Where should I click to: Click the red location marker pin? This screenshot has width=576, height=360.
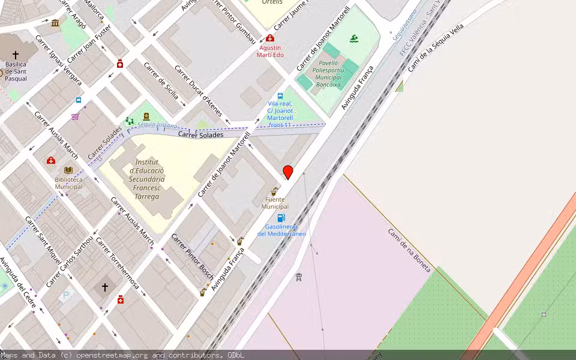288,172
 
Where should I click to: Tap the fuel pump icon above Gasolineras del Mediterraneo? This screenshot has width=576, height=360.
281,218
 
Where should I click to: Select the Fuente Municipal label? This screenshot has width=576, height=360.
275,203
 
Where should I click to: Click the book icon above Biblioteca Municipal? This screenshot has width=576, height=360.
68,170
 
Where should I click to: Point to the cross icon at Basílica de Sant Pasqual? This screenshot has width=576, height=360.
16,55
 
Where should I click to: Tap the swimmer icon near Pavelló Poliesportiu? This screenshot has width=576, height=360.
355,40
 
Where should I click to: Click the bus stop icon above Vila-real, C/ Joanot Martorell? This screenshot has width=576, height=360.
280,96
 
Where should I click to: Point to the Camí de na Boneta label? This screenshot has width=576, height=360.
409,250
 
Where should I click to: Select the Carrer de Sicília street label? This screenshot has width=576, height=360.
161,81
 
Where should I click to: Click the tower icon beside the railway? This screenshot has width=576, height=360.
298,277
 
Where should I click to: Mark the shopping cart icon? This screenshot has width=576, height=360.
75,116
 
